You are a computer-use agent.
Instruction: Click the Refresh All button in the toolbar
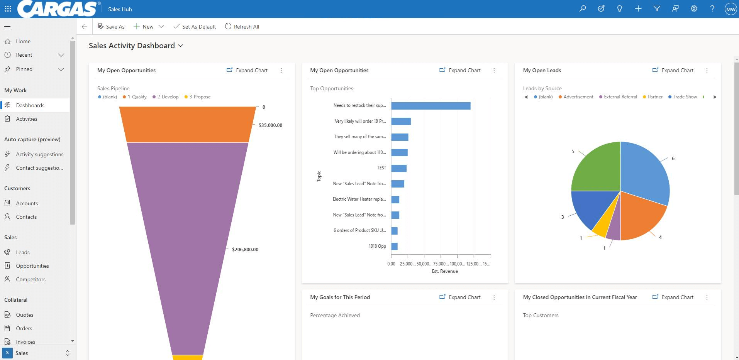(242, 27)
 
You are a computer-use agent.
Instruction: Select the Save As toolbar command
(111, 27)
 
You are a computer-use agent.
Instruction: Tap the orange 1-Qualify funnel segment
(187, 125)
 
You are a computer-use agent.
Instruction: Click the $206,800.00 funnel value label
(245, 250)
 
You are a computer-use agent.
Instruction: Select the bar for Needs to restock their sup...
(431, 106)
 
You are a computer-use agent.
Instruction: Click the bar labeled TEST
(398, 168)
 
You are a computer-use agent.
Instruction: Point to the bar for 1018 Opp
(394, 246)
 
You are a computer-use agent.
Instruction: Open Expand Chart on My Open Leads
(673, 70)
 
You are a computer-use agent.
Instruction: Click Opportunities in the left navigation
(32, 266)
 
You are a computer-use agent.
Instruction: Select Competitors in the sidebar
(31, 279)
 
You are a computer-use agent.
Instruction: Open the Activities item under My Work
(27, 119)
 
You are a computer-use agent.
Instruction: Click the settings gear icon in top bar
(694, 8)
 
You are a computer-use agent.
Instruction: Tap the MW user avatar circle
(731, 9)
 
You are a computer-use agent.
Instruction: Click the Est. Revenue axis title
(445, 271)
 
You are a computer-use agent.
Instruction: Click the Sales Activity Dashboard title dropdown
(136, 46)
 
